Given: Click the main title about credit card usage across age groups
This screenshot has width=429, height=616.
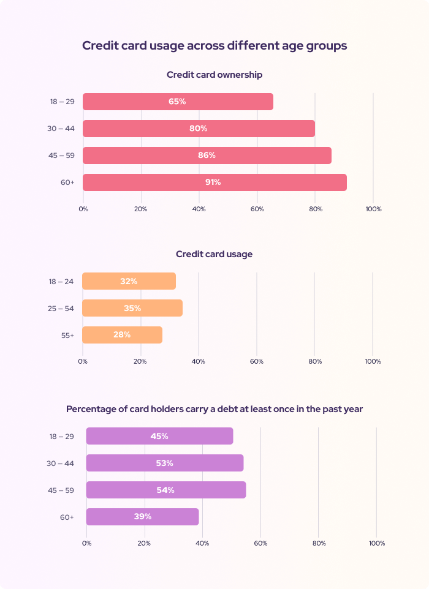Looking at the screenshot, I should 214,46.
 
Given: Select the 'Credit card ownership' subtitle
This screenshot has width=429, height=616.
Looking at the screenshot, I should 214,75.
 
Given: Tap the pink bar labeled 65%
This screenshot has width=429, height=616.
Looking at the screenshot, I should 178,102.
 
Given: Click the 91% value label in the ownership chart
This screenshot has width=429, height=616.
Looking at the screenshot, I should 213,182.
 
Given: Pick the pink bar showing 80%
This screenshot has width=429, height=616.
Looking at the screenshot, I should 199,129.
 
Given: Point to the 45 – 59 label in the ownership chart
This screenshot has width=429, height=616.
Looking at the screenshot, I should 61,156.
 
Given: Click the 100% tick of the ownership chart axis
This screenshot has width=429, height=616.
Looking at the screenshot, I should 373,209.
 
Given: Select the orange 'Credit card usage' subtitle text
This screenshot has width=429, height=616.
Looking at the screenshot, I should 214,254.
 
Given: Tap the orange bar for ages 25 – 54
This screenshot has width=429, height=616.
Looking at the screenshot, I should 132,308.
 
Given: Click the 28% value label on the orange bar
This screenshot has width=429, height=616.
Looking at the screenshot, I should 122,335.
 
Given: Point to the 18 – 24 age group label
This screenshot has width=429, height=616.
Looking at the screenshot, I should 61,282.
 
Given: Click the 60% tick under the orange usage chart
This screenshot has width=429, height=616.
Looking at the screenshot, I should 256,361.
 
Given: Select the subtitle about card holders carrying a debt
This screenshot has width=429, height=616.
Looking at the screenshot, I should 214,409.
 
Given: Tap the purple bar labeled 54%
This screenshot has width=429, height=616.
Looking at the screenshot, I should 165,490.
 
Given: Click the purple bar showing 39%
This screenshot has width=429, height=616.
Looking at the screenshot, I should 142,517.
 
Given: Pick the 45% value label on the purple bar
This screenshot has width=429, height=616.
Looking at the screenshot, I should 159,436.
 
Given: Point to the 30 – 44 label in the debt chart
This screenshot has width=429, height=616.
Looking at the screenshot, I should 61,463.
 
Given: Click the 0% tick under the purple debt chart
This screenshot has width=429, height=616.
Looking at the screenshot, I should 86,543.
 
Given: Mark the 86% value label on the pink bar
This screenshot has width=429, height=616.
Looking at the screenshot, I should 207,156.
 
